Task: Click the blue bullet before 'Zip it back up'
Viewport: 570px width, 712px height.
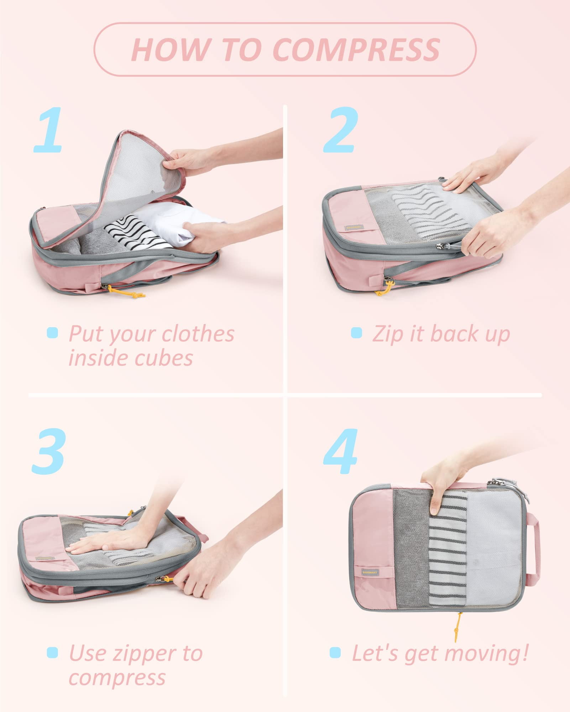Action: click(x=356, y=333)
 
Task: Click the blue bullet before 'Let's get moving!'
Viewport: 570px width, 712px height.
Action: click(x=335, y=652)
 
